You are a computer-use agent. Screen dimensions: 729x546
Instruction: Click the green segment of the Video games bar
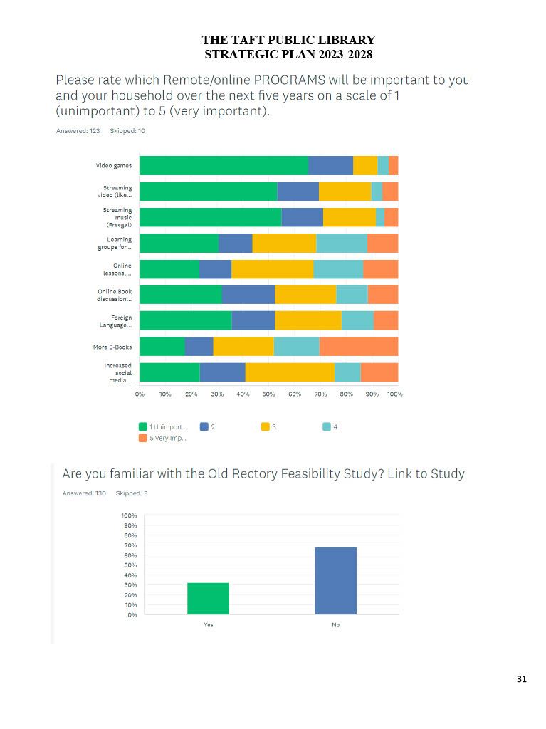[x=224, y=165]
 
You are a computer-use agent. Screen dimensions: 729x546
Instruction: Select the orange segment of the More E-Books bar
[x=358, y=346]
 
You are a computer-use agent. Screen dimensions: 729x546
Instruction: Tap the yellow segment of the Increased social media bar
[x=290, y=372]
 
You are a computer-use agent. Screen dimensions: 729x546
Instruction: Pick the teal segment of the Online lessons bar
[x=338, y=268]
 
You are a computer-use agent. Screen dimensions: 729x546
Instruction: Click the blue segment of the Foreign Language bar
[x=253, y=320]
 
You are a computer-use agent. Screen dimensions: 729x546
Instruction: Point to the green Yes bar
[x=208, y=598]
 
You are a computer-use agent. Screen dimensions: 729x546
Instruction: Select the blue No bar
[x=335, y=580]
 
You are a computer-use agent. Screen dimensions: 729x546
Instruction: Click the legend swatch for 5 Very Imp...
[x=143, y=438]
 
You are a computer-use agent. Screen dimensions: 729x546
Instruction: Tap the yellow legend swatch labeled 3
[x=266, y=426]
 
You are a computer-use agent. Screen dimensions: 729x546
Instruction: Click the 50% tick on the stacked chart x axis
[x=269, y=394]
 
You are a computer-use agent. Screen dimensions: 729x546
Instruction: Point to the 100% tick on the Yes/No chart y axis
[x=129, y=515]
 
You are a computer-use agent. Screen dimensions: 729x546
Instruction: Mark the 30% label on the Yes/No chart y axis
[x=130, y=585]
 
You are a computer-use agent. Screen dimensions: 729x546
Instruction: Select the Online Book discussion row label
[x=115, y=295]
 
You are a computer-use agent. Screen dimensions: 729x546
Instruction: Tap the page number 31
[x=522, y=679]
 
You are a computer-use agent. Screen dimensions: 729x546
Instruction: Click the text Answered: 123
[x=78, y=131]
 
